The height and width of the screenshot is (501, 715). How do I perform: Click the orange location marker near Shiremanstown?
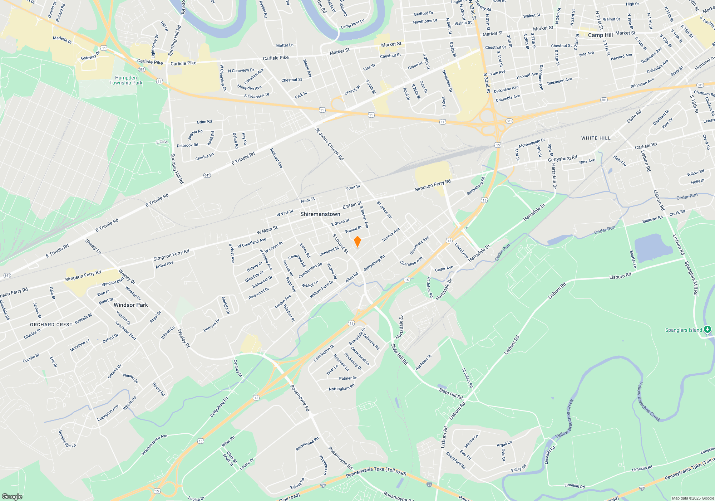point(357,241)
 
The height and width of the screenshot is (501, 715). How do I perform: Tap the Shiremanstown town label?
point(320,214)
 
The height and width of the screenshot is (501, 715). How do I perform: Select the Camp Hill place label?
point(600,35)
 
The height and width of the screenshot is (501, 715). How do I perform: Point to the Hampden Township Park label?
point(126,80)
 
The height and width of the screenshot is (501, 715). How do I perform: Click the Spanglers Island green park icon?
point(707,330)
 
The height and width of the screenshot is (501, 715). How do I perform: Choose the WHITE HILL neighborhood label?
point(596,138)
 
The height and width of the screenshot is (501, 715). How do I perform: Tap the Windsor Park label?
point(130,305)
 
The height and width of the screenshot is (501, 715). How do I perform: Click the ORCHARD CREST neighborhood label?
point(51,325)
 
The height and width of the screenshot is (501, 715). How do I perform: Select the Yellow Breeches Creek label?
point(649,402)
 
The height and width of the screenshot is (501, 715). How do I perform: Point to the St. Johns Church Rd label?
point(329,144)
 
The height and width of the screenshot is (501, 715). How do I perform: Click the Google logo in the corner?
point(12,496)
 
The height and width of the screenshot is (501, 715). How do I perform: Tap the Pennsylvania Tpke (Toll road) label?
point(376,472)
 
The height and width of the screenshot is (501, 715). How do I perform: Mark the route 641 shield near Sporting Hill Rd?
point(207,175)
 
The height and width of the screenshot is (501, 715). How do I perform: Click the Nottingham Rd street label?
point(341,388)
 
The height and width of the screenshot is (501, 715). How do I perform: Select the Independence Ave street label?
point(154,444)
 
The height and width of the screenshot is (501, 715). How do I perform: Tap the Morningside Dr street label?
point(532,143)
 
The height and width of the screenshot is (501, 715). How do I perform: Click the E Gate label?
point(162,142)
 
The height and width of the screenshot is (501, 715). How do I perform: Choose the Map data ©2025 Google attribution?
point(692,498)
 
